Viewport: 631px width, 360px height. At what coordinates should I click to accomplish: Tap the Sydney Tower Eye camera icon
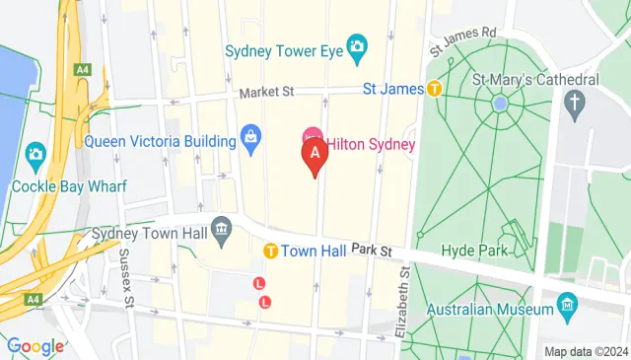[356, 45]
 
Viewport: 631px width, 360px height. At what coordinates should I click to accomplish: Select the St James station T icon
[432, 89]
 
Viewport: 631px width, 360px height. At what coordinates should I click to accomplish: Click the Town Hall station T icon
[269, 252]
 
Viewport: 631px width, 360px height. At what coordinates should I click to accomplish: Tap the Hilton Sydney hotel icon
[313, 134]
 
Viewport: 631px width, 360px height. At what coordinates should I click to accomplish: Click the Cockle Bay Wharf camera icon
[36, 154]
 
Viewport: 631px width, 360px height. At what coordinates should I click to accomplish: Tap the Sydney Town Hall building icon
[223, 230]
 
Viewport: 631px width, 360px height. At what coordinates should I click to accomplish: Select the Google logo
[35, 346]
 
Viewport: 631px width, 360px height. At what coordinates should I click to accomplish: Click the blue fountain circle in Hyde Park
[500, 102]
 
